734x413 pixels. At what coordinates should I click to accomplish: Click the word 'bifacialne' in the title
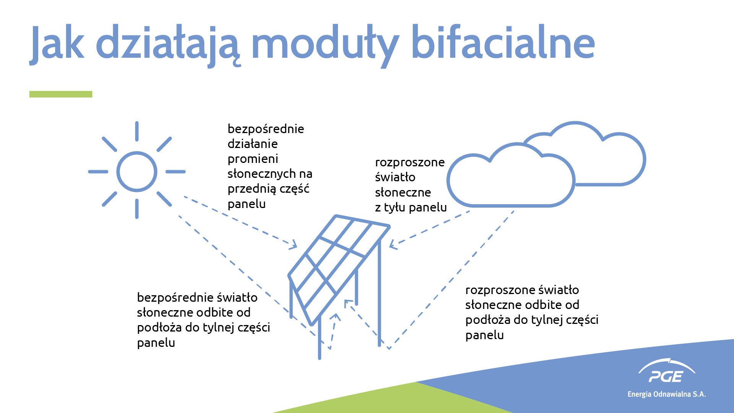pyautogui.click(x=503, y=42)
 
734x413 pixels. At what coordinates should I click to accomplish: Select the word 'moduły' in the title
pyautogui.click(x=325, y=46)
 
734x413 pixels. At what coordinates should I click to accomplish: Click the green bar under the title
pyautogui.click(x=61, y=94)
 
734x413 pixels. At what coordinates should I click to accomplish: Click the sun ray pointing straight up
pyautogui.click(x=137, y=131)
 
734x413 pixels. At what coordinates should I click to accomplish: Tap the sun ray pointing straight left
pyautogui.click(x=98, y=172)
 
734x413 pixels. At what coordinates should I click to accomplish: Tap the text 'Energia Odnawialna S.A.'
pyautogui.click(x=667, y=394)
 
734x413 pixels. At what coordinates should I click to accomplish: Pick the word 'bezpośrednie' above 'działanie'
pyautogui.click(x=266, y=129)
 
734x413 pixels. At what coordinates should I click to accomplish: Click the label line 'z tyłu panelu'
pyautogui.click(x=411, y=207)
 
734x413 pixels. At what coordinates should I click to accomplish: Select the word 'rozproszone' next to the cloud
pyautogui.click(x=410, y=163)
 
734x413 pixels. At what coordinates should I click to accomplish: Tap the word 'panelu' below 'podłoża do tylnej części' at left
pyautogui.click(x=156, y=343)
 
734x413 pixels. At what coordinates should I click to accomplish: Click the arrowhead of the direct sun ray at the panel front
pyautogui.click(x=294, y=245)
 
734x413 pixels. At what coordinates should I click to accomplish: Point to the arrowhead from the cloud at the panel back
pyautogui.click(x=393, y=244)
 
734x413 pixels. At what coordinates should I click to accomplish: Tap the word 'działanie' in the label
pyautogui.click(x=253, y=144)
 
